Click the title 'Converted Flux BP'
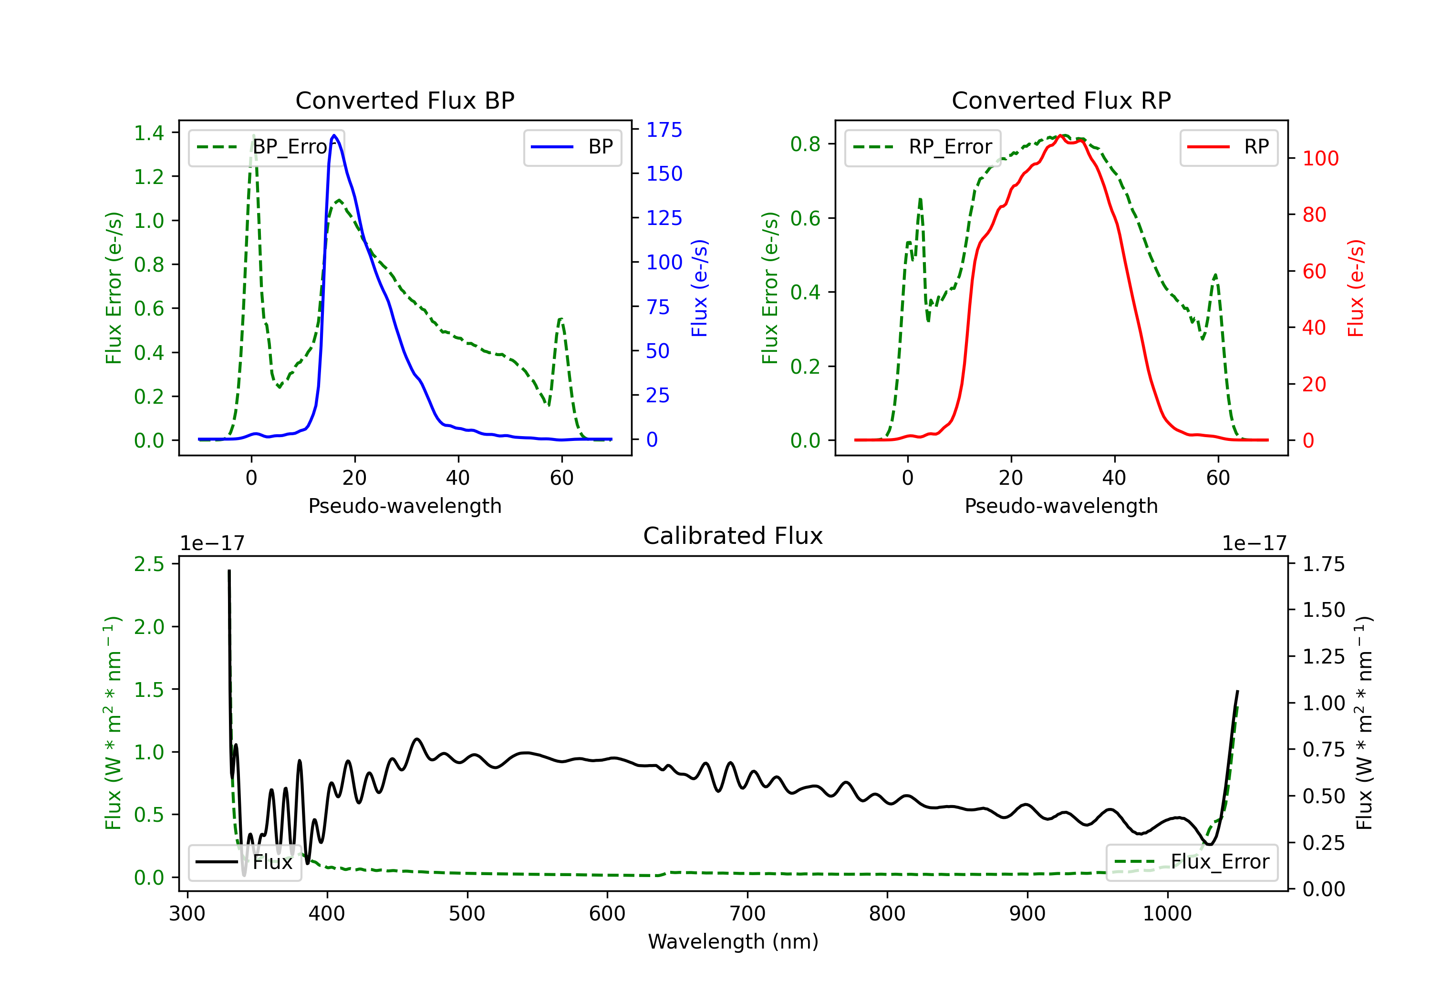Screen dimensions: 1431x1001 [404, 100]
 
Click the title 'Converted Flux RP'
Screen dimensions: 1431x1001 [1061, 100]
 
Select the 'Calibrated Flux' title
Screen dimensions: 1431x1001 [733, 536]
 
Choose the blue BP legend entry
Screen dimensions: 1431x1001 [572, 147]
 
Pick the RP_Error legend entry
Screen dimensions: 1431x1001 [923, 147]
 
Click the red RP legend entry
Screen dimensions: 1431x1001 [1228, 147]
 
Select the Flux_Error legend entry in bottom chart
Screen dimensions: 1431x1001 [1192, 862]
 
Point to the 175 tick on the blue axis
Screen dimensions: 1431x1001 [664, 130]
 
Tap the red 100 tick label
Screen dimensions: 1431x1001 [1320, 158]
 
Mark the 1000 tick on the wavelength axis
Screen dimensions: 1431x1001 [1167, 913]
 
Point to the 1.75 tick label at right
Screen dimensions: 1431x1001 [1324, 564]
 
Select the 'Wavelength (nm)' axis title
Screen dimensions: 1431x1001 [733, 941]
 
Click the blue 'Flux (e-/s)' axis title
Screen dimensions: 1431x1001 [699, 288]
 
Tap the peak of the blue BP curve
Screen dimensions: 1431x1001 [334, 135]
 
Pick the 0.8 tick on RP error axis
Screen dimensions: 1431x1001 [805, 144]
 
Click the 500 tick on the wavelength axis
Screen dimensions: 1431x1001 [467, 913]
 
